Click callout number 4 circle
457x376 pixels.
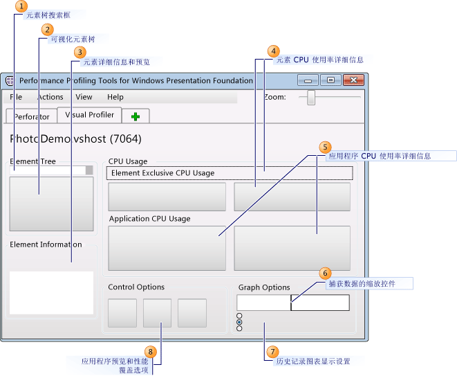click(x=274, y=51)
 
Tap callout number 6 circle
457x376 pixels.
click(x=326, y=274)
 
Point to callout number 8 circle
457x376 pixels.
click(x=151, y=352)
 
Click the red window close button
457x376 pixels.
click(x=355, y=80)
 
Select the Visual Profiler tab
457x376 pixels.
click(x=89, y=115)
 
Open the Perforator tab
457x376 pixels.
click(x=31, y=116)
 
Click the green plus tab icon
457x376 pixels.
click(x=136, y=116)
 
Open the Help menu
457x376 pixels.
click(x=115, y=98)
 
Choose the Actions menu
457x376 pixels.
click(x=50, y=98)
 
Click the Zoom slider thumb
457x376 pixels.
click(x=311, y=97)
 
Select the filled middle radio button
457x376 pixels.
click(x=239, y=322)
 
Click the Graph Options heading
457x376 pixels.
click(x=264, y=287)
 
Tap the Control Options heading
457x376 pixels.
click(x=136, y=287)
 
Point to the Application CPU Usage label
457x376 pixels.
click(x=149, y=219)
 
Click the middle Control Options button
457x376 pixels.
click(x=157, y=313)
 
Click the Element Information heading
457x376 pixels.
click(x=46, y=244)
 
